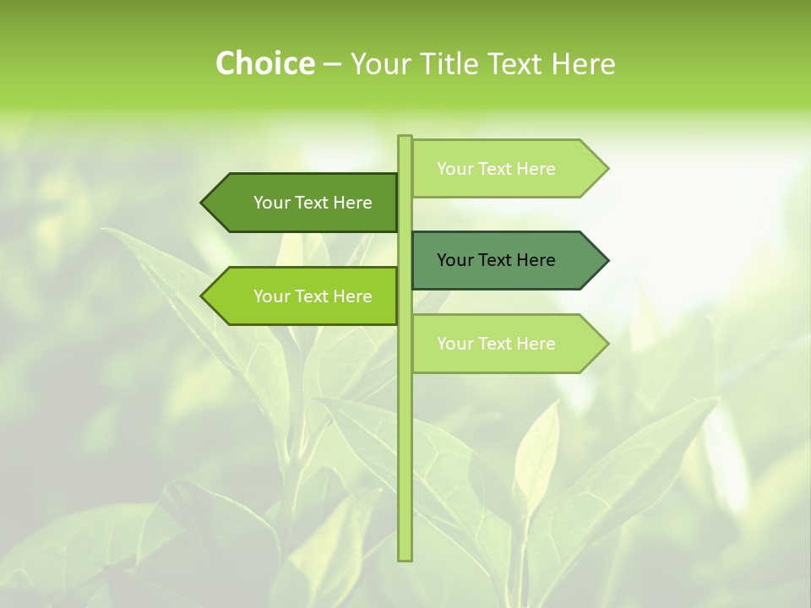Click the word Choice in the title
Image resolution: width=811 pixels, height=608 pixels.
(x=264, y=63)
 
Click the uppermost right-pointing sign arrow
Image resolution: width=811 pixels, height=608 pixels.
(x=507, y=168)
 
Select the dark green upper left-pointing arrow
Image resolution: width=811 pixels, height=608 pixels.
(x=304, y=203)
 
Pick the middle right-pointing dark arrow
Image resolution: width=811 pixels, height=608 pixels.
(x=507, y=260)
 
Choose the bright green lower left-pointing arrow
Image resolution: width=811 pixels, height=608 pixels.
(x=304, y=296)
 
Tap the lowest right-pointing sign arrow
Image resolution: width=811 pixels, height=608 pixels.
(x=507, y=344)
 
